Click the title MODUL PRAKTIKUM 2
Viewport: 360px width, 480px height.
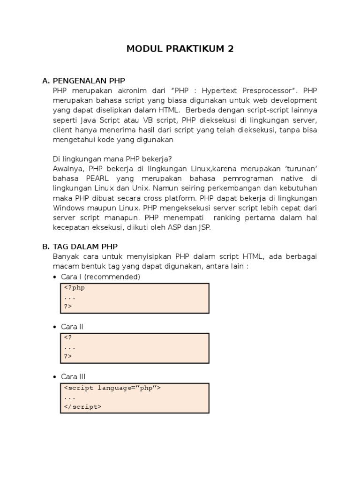(x=180, y=49)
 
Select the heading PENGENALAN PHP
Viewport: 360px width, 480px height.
(x=89, y=81)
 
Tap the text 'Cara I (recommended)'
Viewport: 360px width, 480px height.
(x=100, y=277)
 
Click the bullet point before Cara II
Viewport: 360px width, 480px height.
(x=55, y=327)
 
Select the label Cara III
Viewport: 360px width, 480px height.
(x=73, y=376)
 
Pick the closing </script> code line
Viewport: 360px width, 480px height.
(x=82, y=406)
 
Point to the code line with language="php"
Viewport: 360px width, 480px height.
(x=112, y=388)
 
